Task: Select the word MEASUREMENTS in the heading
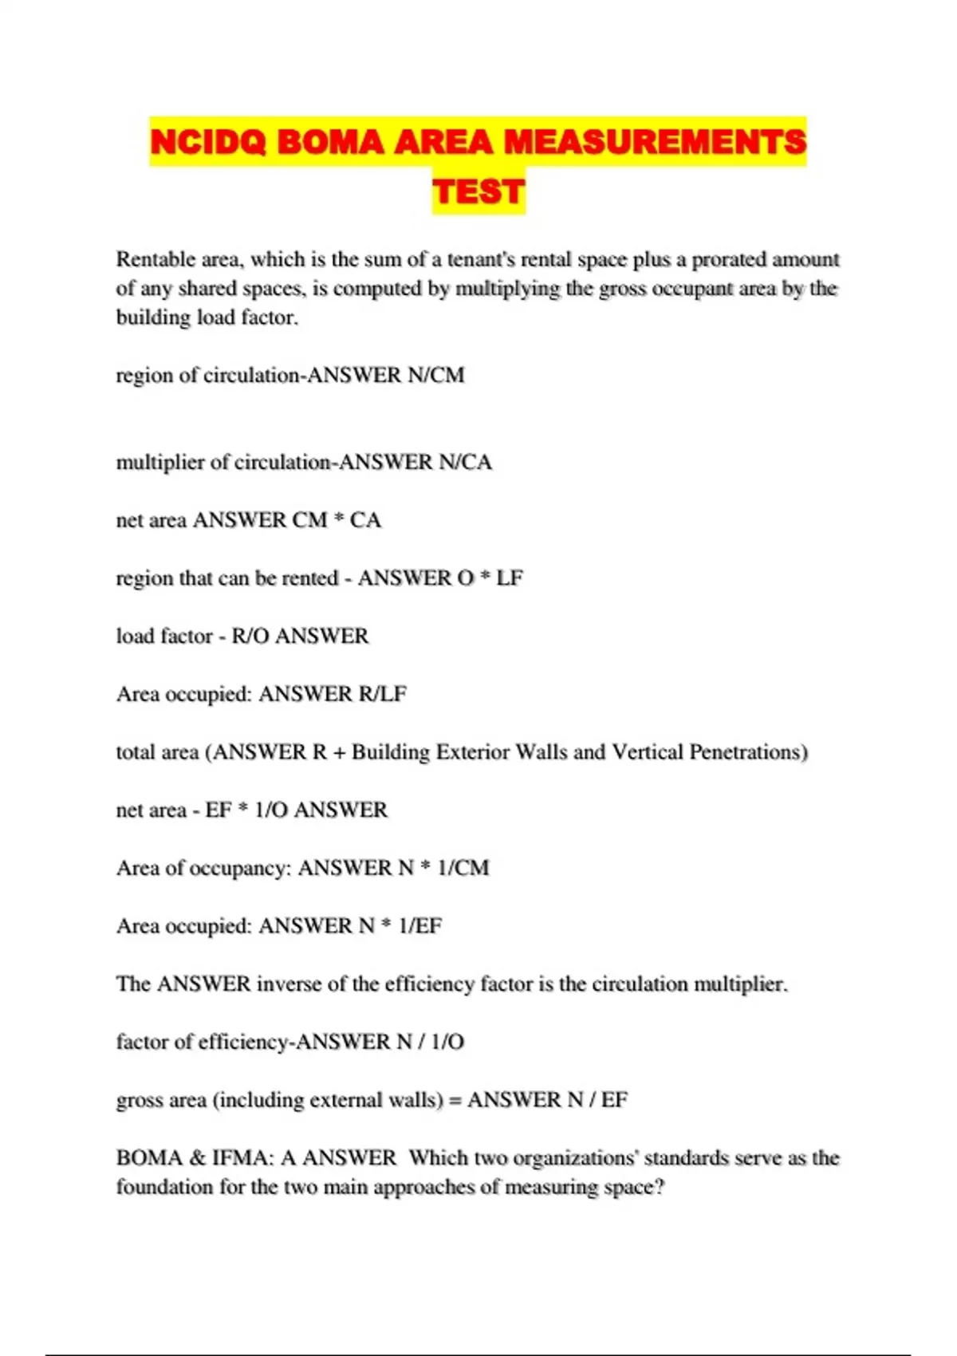(655, 142)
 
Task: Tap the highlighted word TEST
(478, 191)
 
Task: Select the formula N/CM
(435, 375)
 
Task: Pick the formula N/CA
(465, 462)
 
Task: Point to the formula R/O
(250, 637)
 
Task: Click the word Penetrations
(748, 752)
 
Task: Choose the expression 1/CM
(463, 868)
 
